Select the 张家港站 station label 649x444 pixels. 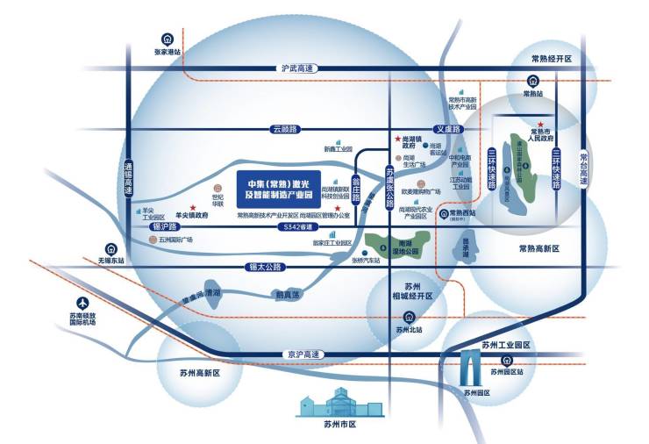(167, 52)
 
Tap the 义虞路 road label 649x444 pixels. (447, 129)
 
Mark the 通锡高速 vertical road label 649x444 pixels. (128, 179)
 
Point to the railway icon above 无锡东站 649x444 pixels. (111, 248)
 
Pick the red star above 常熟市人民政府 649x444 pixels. (542, 125)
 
